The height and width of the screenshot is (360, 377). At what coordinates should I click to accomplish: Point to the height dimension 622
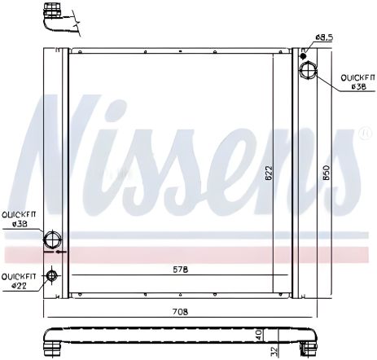269,173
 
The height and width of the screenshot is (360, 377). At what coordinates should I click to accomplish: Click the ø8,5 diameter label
324,37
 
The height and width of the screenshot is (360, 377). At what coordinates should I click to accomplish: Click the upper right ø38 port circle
310,71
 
